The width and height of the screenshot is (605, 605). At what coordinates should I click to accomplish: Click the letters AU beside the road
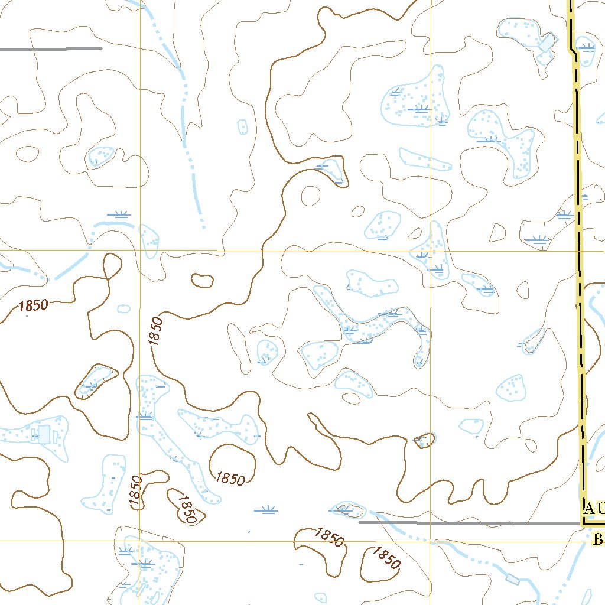[x=593, y=508]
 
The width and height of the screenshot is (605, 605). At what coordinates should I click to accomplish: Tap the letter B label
[x=598, y=539]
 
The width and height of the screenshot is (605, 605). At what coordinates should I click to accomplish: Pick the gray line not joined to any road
[x=51, y=49]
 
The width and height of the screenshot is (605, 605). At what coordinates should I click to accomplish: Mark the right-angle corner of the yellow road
[x=584, y=522]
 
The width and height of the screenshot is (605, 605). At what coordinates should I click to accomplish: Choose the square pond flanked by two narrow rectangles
[x=44, y=434]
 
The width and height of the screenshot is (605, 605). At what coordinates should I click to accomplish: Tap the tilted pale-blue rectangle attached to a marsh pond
[x=547, y=43]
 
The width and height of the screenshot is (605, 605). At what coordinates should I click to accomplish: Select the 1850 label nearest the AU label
[x=388, y=557]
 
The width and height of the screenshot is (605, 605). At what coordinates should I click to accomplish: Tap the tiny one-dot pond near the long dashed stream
[x=242, y=126]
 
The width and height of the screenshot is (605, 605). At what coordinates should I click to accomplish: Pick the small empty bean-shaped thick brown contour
[x=202, y=281]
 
